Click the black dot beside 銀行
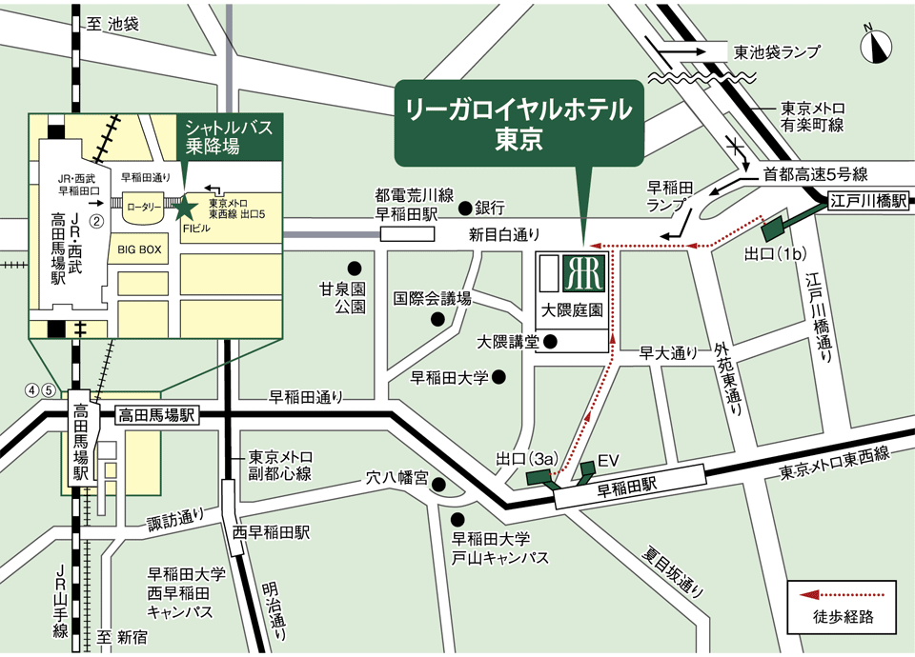point(464,207)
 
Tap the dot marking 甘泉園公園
point(354,269)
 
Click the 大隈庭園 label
point(572,310)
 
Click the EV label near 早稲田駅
point(607,461)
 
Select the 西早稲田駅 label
point(277,532)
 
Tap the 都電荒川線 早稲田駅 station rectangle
point(408,233)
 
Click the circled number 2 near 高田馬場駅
point(95,220)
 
